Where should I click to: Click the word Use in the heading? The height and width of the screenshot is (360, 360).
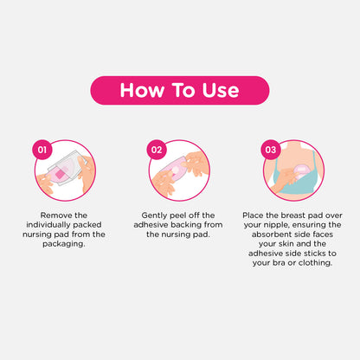click(x=221, y=90)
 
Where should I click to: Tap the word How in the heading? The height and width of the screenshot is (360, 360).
click(x=142, y=90)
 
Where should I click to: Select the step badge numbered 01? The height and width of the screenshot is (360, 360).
click(x=42, y=150)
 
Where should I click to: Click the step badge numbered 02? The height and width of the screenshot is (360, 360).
click(x=157, y=150)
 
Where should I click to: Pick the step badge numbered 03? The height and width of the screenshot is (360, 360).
click(x=271, y=150)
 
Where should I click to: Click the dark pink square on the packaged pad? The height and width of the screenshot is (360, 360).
click(x=61, y=174)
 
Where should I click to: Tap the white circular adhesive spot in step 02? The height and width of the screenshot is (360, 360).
click(x=176, y=171)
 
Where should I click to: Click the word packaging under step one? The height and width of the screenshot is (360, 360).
click(x=64, y=244)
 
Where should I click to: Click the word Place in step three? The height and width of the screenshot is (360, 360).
click(x=253, y=215)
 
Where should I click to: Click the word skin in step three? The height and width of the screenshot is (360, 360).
click(x=286, y=244)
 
